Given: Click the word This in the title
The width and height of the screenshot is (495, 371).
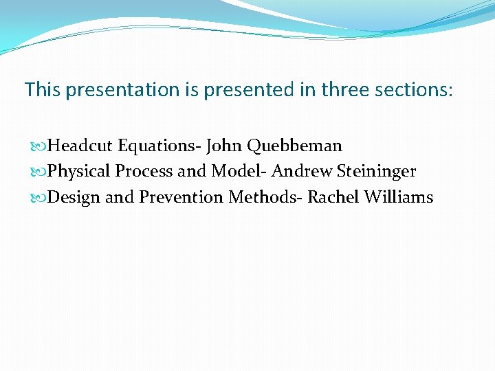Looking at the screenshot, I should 43,89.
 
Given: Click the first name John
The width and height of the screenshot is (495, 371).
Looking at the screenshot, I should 224,146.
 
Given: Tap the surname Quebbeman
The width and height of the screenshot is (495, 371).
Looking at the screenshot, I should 294,146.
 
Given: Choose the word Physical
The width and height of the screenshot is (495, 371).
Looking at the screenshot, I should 79,171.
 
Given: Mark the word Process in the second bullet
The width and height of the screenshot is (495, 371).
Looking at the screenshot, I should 144,171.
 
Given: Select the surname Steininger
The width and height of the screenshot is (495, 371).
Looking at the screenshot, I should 376,172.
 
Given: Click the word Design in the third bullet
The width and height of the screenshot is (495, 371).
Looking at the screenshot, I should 75,198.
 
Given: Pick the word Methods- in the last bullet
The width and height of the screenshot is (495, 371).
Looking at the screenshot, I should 265,197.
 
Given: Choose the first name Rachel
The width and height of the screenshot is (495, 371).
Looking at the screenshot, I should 333,197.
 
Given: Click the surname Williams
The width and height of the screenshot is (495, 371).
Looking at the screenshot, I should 399,197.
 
